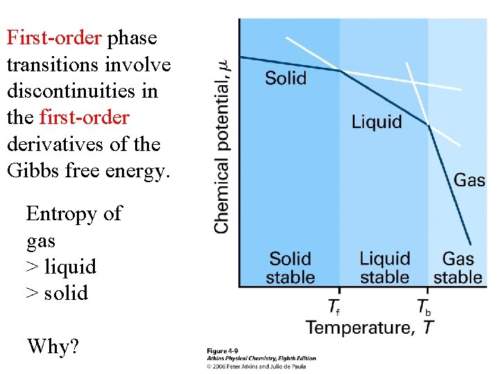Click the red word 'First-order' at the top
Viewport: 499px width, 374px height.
54,37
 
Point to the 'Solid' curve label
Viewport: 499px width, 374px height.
286,77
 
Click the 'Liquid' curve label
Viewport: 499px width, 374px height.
376,122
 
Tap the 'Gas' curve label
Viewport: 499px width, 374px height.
469,181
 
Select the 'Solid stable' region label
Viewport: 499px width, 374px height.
291,268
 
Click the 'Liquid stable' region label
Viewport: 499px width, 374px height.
385,268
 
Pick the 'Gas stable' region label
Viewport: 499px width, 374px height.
457,268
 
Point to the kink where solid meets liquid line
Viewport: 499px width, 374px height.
340,70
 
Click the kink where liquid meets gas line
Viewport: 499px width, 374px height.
428,125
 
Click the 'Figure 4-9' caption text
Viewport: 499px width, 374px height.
222,351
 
